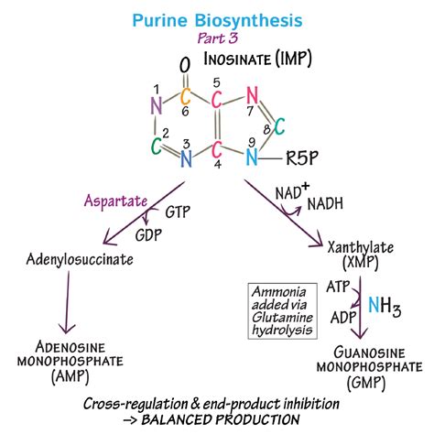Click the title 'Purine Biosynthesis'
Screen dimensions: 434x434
click(x=217, y=18)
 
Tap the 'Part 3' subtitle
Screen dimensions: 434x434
click(x=217, y=38)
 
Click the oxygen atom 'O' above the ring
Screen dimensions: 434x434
click(x=185, y=66)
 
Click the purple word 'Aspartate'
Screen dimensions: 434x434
click(x=111, y=199)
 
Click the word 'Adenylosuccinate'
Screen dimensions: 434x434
click(x=80, y=259)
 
